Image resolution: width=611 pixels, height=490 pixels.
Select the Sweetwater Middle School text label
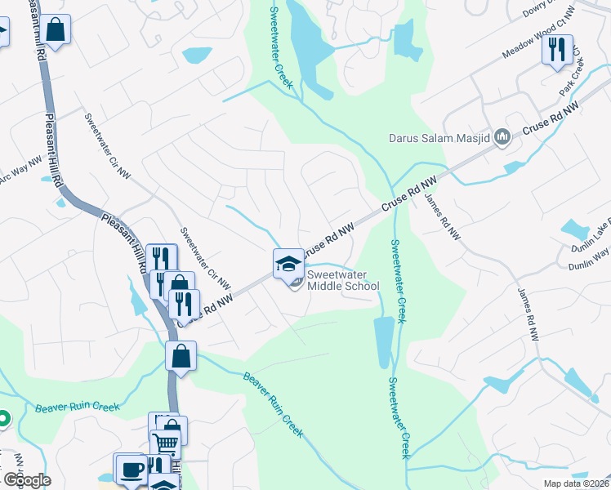(343, 280)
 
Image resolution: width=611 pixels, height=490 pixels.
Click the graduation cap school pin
(288, 263)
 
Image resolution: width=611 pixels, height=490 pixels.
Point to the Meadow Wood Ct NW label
(532, 38)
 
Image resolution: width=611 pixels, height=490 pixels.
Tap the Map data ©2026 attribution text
(576, 483)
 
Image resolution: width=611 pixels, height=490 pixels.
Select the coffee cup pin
(131, 470)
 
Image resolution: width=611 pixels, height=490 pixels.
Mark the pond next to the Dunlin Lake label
(574, 229)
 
